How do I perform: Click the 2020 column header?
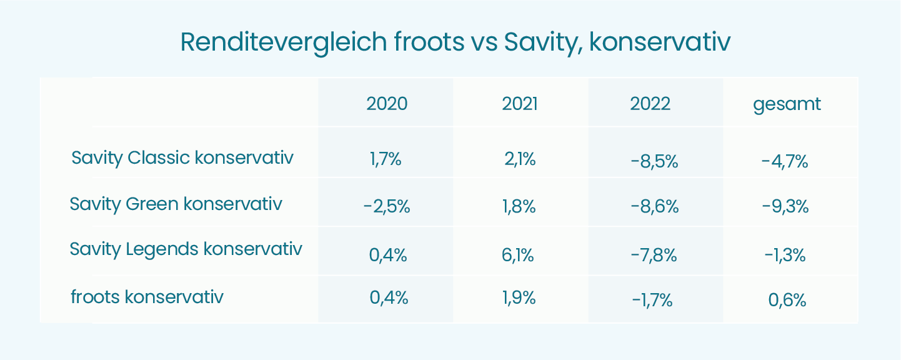tap(387, 104)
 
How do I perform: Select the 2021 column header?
tap(520, 104)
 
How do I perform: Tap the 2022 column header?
tap(650, 104)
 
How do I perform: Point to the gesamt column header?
tap(787, 104)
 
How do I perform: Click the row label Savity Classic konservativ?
tap(182, 157)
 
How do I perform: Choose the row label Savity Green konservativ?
tap(176, 204)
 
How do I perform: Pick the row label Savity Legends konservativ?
tap(186, 249)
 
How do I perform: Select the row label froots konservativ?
tap(147, 296)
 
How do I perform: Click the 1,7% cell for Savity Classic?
tap(386, 159)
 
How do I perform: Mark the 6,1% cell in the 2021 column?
tap(519, 255)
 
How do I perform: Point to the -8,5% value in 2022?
tap(655, 162)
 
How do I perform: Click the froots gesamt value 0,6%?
tap(787, 301)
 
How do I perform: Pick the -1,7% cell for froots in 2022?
tap(652, 301)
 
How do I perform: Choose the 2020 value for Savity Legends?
tap(387, 255)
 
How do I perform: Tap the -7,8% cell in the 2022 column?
tap(654, 255)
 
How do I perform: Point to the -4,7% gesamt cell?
tap(785, 162)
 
